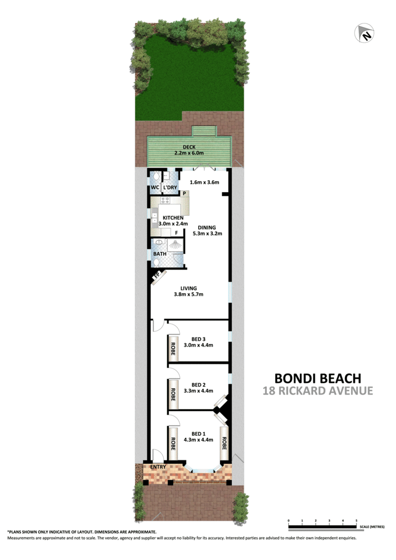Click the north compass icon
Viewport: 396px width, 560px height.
365,33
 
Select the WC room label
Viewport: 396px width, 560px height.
154,187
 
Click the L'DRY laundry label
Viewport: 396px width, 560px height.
170,187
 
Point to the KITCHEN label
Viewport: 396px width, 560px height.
173,218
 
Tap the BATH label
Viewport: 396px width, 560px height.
160,254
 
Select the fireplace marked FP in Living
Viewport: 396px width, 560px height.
157,279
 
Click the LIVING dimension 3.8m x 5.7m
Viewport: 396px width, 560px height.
188,295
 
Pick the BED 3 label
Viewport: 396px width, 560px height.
198,339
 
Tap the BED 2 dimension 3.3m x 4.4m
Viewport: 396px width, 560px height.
198,391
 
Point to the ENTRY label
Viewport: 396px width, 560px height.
157,467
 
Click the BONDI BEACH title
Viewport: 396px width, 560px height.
318,378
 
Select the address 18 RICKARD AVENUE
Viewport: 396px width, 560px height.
318,391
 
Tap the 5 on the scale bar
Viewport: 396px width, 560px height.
357,521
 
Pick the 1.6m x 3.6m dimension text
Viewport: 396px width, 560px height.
204,183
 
